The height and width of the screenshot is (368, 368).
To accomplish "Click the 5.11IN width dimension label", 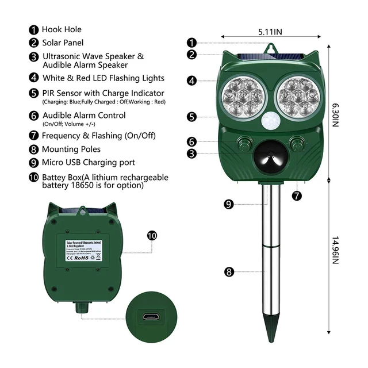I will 269,32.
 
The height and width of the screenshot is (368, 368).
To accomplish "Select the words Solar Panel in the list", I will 63,43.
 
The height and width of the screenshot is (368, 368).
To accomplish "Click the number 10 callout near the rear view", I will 152,235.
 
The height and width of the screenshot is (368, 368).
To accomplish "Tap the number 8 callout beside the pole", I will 229,272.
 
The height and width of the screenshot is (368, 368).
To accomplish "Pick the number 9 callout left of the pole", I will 229,204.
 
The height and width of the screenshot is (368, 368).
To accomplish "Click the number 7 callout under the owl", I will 297,195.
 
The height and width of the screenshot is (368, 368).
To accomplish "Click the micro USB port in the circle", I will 151,316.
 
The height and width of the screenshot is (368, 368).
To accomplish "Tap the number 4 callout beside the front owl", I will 192,80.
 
